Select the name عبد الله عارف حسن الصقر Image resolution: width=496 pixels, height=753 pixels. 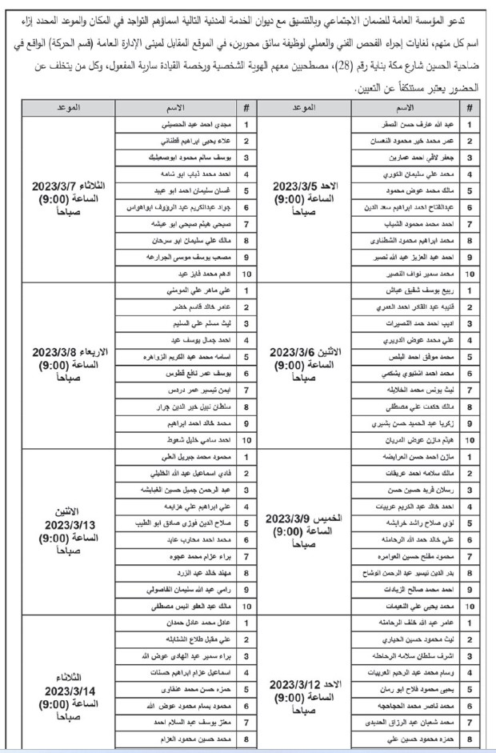pos(409,125)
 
